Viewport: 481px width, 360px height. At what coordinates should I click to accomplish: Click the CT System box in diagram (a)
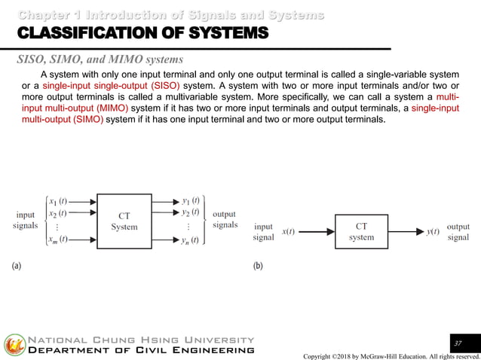click(124, 221)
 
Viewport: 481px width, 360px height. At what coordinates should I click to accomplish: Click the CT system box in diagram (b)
click(361, 231)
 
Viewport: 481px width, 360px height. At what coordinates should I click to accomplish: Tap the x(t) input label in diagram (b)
click(288, 232)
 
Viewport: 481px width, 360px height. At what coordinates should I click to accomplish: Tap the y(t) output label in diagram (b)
click(433, 232)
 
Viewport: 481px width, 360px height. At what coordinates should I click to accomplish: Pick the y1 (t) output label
click(190, 201)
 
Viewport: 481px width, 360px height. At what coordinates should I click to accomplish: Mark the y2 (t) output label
click(190, 213)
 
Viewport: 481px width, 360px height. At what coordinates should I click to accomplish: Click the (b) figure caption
click(258, 266)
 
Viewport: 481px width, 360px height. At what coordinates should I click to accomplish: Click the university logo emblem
click(14, 345)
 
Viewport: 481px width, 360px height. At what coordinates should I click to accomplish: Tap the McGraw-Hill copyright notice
click(391, 355)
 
